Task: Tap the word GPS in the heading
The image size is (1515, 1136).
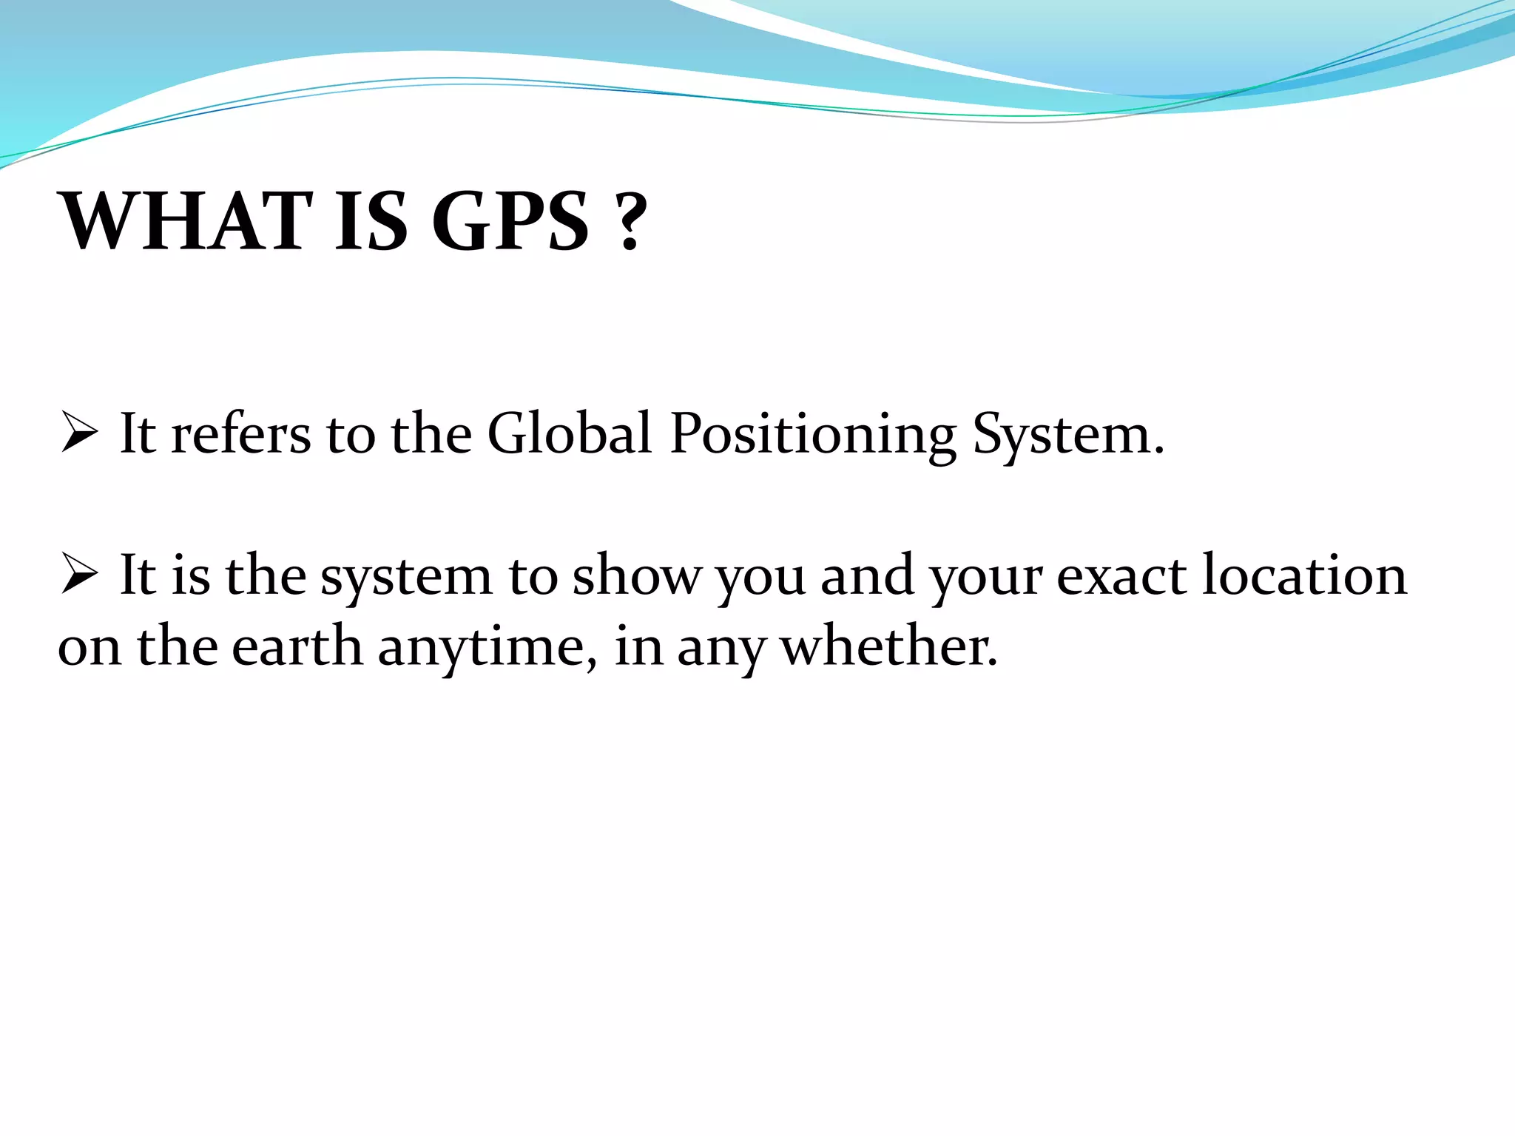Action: pyautogui.click(x=510, y=221)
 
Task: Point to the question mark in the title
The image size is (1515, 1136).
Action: pyautogui.click(x=630, y=221)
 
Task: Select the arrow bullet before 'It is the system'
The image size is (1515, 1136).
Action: pyautogui.click(x=78, y=575)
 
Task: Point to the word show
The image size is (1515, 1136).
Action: pyautogui.click(x=636, y=575)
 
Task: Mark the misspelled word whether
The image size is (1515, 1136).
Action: pyautogui.click(x=888, y=646)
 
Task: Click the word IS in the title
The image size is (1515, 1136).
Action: pyautogui.click(x=371, y=221)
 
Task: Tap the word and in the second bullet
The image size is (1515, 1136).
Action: pyautogui.click(x=867, y=575)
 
